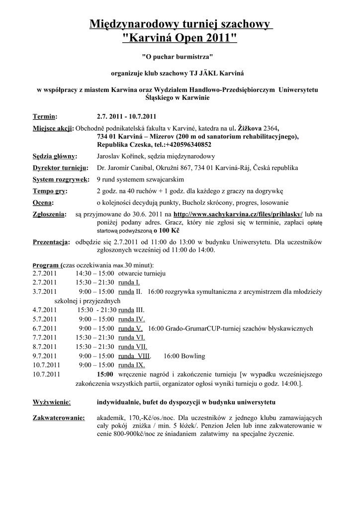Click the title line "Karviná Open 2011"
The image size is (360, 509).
(180, 38)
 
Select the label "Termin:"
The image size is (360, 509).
(45, 117)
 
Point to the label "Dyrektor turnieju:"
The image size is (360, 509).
(60, 168)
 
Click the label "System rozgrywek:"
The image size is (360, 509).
(61, 179)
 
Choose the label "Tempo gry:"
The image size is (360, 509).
(50, 191)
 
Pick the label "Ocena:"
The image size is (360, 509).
(43, 203)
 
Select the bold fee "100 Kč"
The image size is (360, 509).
(167, 231)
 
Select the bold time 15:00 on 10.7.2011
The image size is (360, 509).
(105, 373)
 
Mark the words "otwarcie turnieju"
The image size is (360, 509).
(142, 273)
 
